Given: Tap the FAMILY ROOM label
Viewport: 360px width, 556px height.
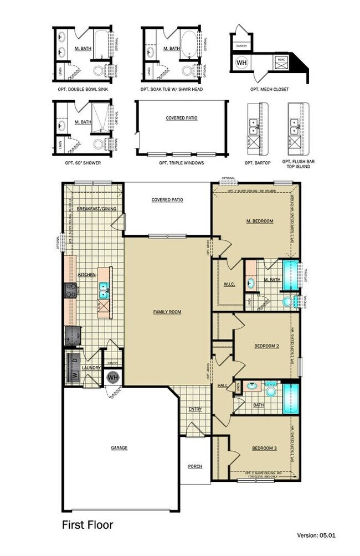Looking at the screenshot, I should click(x=167, y=312).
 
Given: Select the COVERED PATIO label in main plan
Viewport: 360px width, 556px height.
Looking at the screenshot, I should click(x=167, y=200).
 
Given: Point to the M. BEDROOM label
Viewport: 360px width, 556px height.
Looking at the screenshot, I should click(x=260, y=221).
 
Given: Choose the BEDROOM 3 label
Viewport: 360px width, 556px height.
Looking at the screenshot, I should click(x=264, y=447).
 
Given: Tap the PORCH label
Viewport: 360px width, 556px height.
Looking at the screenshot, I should click(x=194, y=466).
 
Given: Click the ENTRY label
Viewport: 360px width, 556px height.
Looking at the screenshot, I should click(x=195, y=409).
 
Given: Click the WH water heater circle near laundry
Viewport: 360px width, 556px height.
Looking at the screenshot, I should click(x=113, y=377).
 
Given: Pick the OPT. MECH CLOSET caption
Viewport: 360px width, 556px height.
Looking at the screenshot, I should click(x=269, y=89).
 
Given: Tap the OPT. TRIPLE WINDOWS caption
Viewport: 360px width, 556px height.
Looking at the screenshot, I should click(x=181, y=163).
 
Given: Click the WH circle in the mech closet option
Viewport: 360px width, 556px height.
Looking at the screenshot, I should click(x=242, y=63).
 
